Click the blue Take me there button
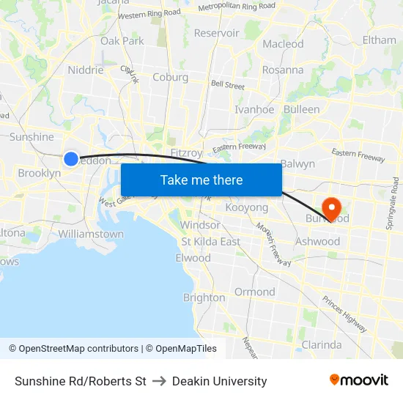tap(201, 180)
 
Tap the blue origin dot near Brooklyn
tap(71, 159)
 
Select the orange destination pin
tap(331, 209)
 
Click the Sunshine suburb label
tap(32, 137)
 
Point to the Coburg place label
tap(170, 78)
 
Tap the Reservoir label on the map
tap(216, 33)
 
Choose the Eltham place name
tap(379, 40)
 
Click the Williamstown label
tap(91, 234)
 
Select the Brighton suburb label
tap(204, 297)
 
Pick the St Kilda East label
tap(210, 242)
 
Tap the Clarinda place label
tap(322, 344)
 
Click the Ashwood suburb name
tap(317, 241)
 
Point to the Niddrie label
tap(85, 70)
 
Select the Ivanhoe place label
tap(254, 110)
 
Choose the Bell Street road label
tap(227, 86)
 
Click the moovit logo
tap(358, 380)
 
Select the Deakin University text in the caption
tap(220, 381)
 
